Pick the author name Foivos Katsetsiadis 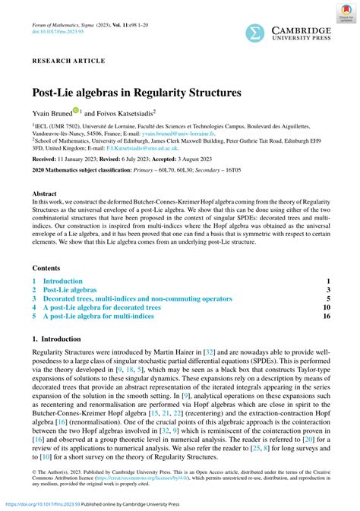[125, 112]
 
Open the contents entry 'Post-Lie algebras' [70, 290]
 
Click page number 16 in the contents [327, 316]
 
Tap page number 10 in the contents [327, 308]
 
